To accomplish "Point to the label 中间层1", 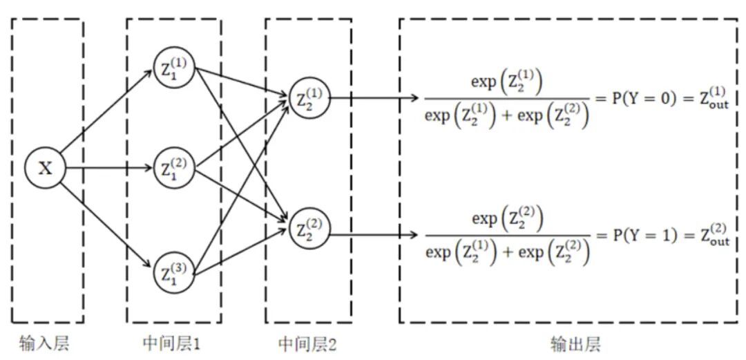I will [x=173, y=343].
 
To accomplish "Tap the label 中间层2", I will [x=308, y=343].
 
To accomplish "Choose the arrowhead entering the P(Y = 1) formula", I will [x=414, y=235].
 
